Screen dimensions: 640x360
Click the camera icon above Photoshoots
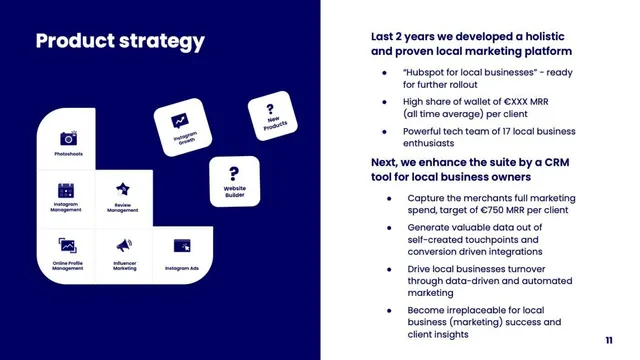[x=69, y=138]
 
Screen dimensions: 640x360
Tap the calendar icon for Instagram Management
[x=66, y=191]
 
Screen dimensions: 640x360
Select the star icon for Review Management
[x=123, y=189]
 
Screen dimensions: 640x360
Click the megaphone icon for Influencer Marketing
[x=124, y=245]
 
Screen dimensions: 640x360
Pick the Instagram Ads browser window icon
[x=182, y=246]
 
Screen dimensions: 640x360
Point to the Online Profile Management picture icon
[x=67, y=245]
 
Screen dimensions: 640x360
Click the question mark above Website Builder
[x=234, y=173]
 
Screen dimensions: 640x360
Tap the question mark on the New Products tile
[x=270, y=109]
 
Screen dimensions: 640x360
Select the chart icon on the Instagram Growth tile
[x=180, y=121]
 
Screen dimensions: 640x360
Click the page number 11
[x=609, y=340]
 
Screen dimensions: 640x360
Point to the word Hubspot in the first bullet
[x=424, y=73]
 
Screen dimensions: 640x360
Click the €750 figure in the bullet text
[x=491, y=210]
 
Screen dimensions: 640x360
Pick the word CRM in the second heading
[x=556, y=162]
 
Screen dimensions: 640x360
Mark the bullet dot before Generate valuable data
[x=389, y=228]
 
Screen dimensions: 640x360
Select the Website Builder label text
[x=235, y=191]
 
